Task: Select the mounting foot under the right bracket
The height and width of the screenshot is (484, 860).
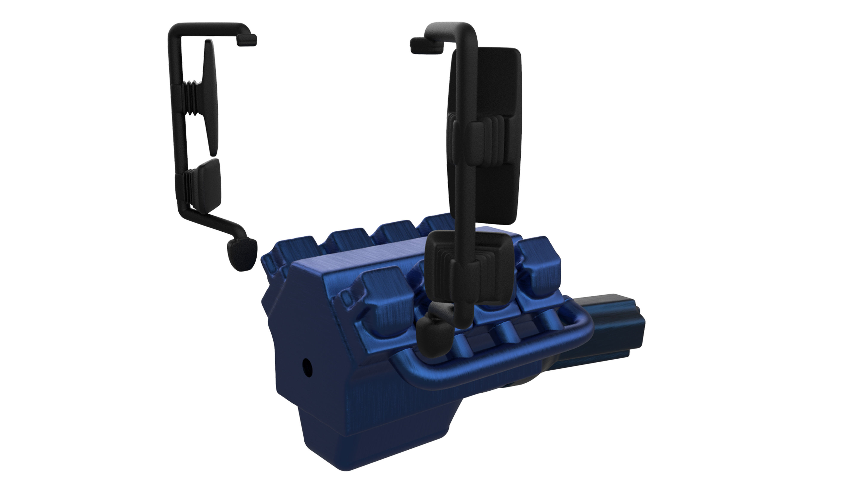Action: point(434,337)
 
